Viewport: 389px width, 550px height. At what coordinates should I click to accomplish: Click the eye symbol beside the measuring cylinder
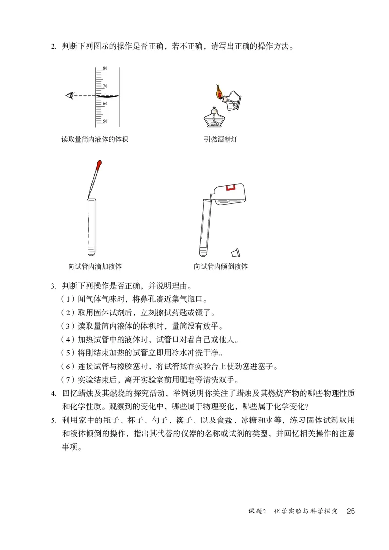coord(71,95)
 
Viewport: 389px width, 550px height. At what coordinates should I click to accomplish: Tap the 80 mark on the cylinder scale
coord(105,68)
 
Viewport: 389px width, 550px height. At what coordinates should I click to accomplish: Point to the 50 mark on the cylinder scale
coord(105,121)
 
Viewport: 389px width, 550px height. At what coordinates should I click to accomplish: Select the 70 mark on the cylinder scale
coord(105,86)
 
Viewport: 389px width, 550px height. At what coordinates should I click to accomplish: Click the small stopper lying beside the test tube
coord(236,252)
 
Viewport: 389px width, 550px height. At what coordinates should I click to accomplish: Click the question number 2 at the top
coord(53,48)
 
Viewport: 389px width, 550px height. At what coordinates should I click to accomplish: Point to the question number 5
coord(53,420)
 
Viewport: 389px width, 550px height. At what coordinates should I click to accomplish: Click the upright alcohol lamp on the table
coord(213,120)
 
